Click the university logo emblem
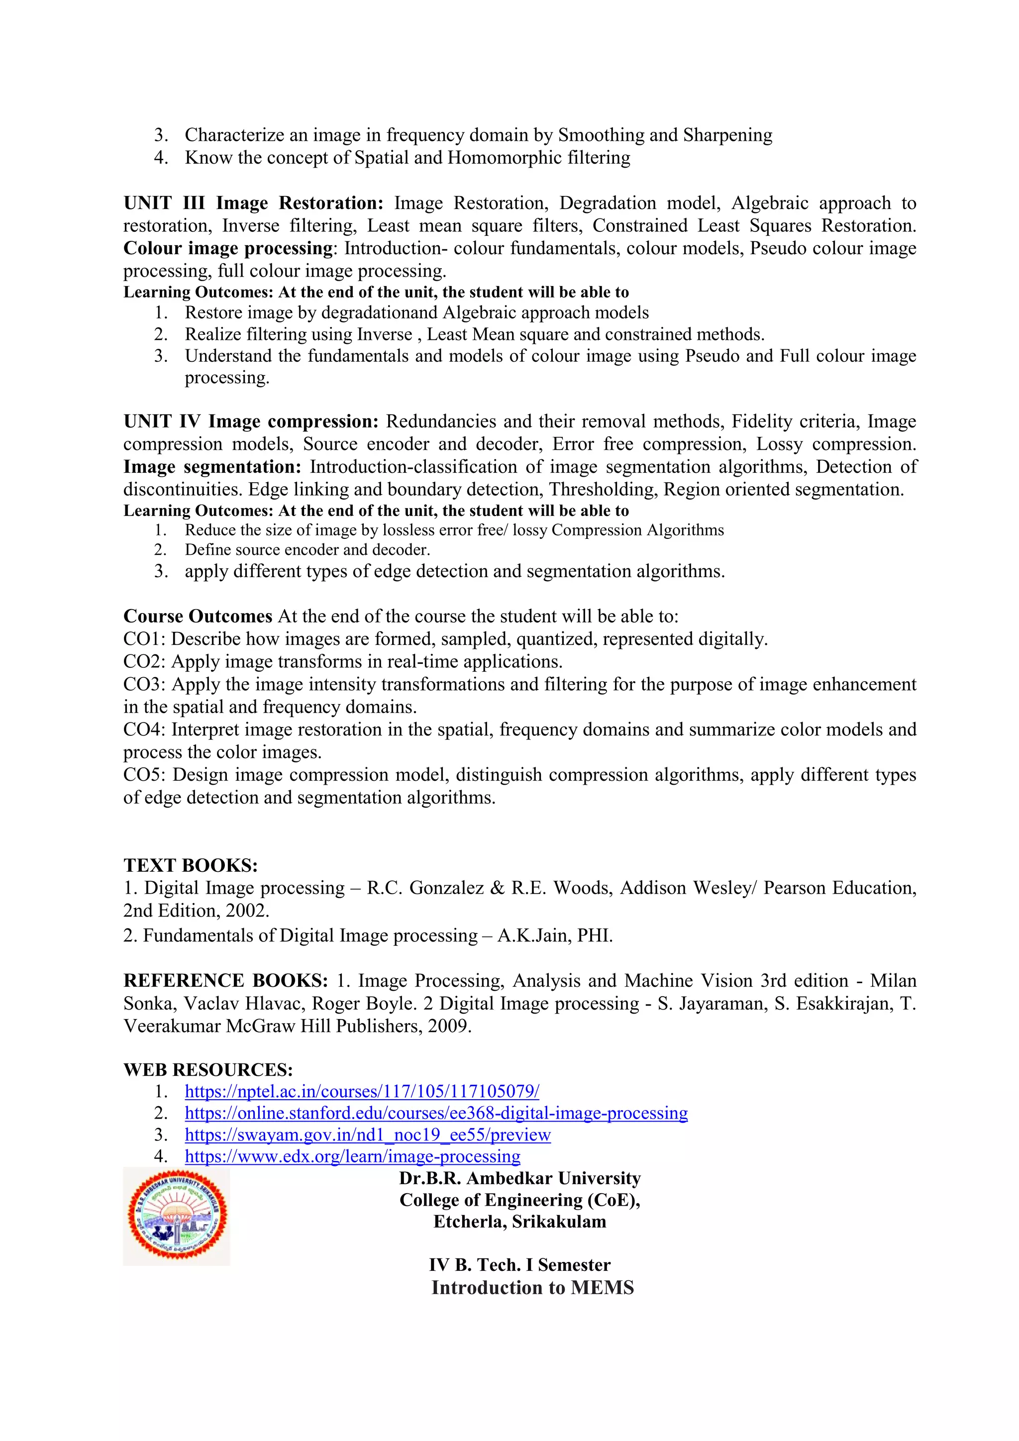[177, 1215]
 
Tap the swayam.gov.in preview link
[367, 1134]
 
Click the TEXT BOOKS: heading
[190, 865]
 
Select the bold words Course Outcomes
[198, 617]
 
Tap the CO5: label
[144, 774]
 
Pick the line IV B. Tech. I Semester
[519, 1265]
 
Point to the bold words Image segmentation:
[212, 467]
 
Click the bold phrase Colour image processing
[228, 248]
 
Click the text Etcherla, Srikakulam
[519, 1222]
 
